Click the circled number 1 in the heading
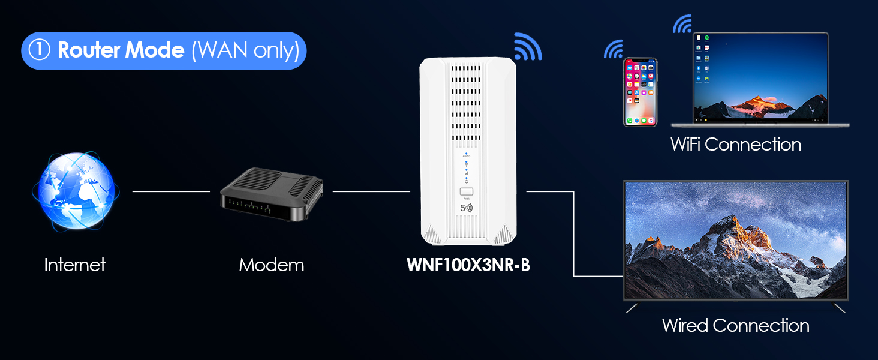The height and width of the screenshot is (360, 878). (39, 50)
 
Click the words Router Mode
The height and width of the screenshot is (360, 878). (121, 50)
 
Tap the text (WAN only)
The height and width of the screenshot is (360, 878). (245, 50)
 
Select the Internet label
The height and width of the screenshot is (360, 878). (75, 265)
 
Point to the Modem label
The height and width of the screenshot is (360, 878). (272, 265)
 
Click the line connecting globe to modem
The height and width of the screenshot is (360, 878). (171, 191)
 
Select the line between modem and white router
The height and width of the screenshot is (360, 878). (371, 191)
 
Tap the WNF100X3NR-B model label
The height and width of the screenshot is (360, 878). (468, 265)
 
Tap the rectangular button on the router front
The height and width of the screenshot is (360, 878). (466, 193)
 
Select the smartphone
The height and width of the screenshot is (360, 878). (640, 92)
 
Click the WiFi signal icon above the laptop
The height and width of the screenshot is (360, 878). (682, 24)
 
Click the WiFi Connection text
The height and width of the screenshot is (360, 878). (736, 145)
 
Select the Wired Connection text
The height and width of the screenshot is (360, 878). (736, 326)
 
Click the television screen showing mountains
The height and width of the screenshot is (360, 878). (736, 240)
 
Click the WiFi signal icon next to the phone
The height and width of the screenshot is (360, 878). (613, 50)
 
